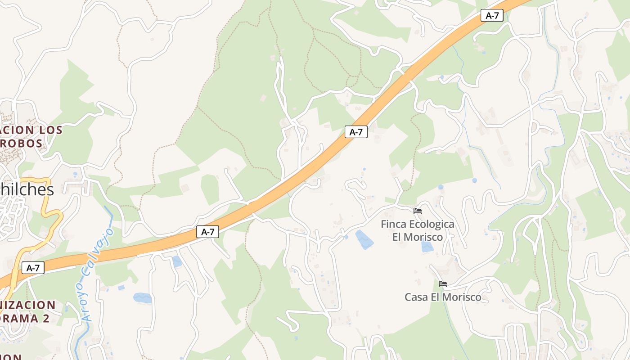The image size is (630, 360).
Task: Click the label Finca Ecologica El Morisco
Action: tap(418, 230)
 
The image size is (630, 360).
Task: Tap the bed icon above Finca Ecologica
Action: tap(418, 211)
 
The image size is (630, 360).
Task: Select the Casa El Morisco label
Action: tap(443, 297)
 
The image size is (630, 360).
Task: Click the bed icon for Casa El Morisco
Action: tap(443, 284)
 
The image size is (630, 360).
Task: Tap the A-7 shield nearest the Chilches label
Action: tap(33, 268)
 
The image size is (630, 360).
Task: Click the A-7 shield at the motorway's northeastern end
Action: tap(492, 15)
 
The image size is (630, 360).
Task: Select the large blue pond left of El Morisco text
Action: tap(364, 239)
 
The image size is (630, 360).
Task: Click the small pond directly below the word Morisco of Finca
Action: tap(427, 247)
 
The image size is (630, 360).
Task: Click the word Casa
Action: tap(415, 297)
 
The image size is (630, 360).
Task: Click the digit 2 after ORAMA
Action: tap(45, 318)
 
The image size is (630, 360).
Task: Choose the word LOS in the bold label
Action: tap(51, 130)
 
